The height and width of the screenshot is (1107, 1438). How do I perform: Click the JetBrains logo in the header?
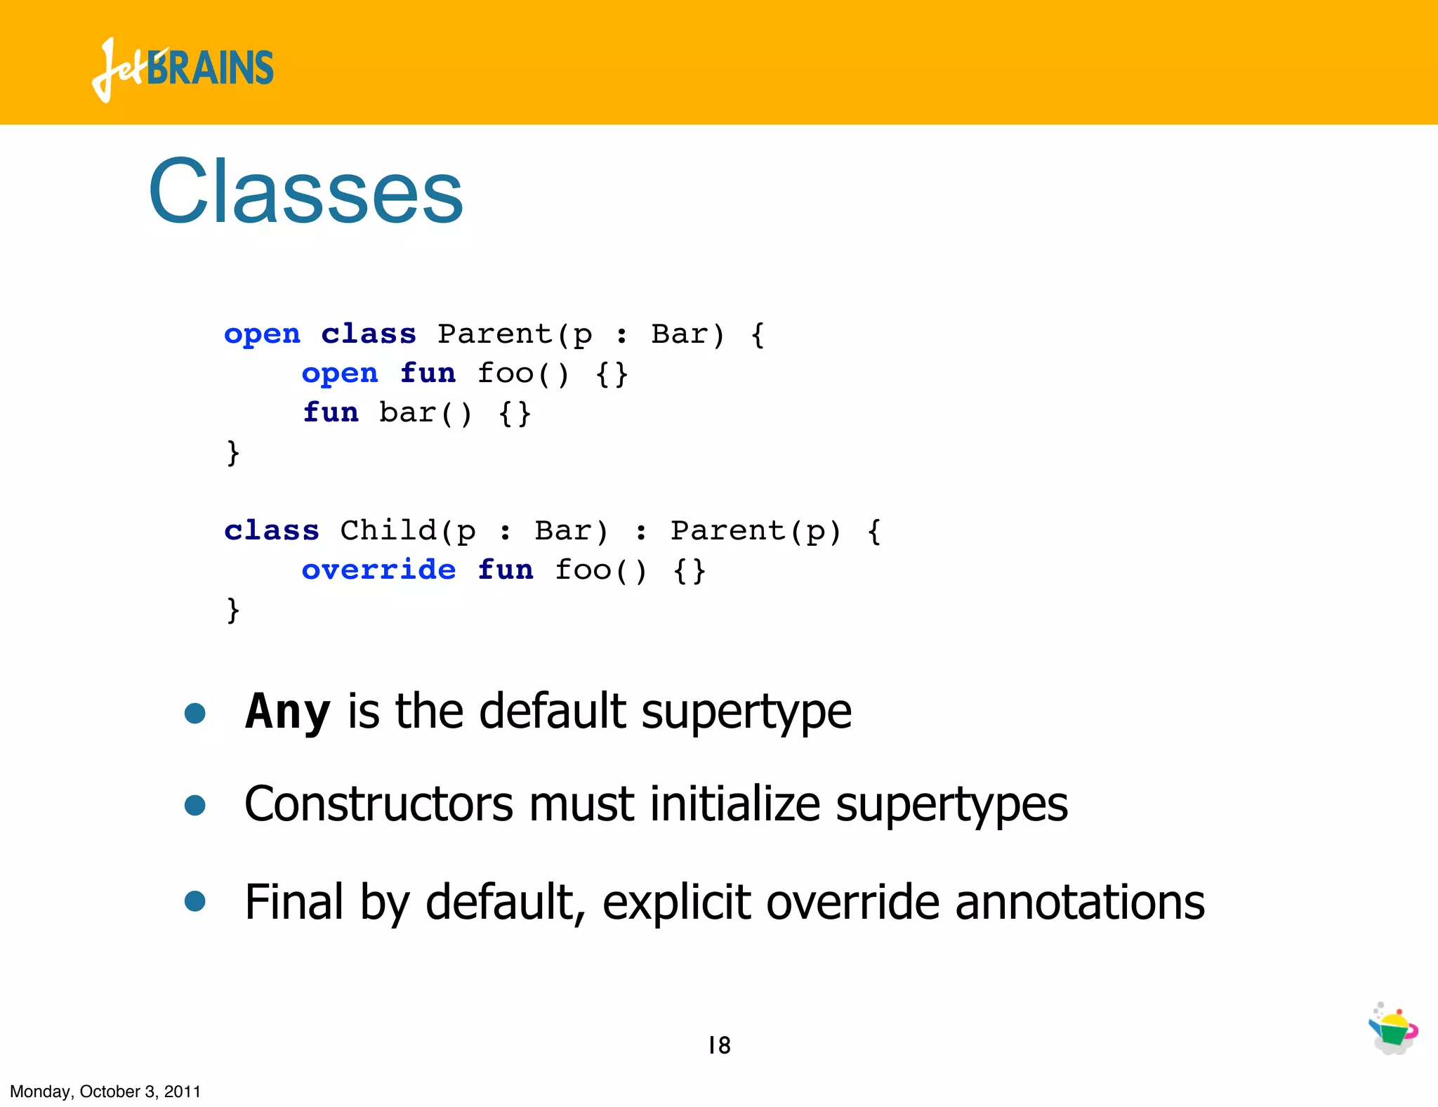[x=183, y=69]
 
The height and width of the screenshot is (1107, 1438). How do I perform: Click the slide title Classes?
[x=305, y=191]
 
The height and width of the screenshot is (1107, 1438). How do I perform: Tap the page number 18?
[x=720, y=1045]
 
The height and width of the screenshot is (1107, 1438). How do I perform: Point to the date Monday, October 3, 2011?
[x=105, y=1092]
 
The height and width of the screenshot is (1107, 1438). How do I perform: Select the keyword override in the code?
[x=378, y=570]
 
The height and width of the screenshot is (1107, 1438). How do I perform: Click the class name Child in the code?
[x=388, y=530]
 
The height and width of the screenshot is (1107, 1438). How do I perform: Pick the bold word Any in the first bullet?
[x=287, y=712]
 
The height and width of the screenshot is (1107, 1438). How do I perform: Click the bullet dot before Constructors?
[x=194, y=805]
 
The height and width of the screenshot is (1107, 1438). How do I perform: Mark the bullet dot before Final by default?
[x=194, y=901]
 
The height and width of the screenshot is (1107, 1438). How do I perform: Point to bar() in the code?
[x=426, y=412]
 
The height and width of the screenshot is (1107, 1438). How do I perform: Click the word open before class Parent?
[x=262, y=334]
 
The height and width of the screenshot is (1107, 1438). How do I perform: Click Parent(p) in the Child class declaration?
[x=756, y=530]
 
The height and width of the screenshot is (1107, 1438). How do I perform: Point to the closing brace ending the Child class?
[x=233, y=609]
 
